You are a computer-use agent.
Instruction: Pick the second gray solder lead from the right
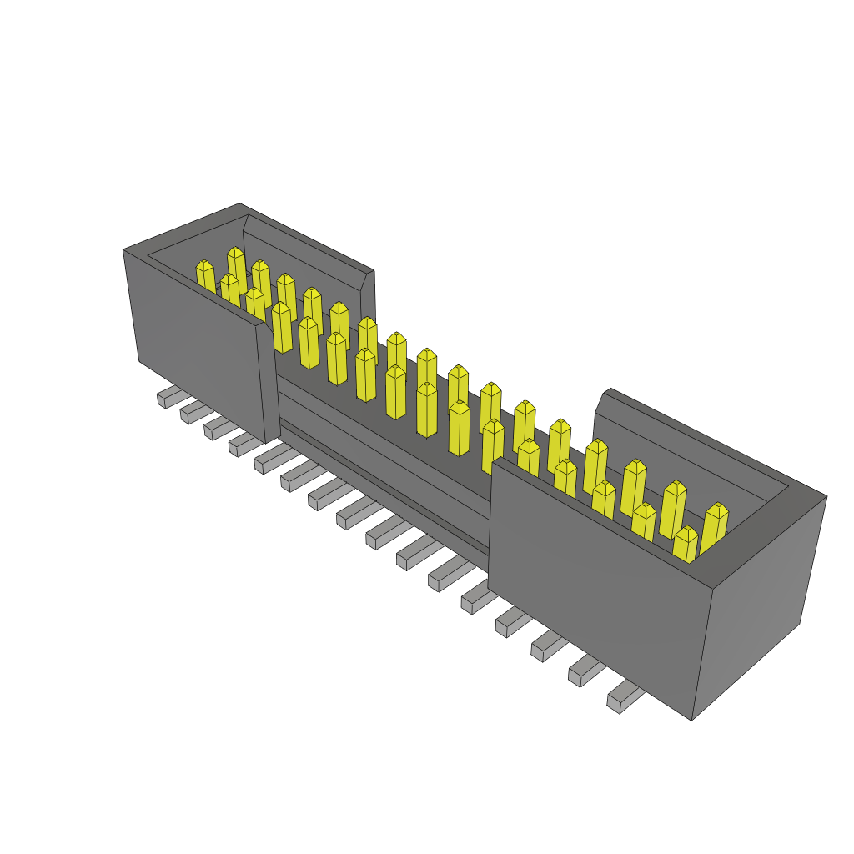585,671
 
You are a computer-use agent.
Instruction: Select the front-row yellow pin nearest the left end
205,277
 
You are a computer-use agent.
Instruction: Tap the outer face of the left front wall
196,334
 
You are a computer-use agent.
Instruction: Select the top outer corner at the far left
123,249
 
